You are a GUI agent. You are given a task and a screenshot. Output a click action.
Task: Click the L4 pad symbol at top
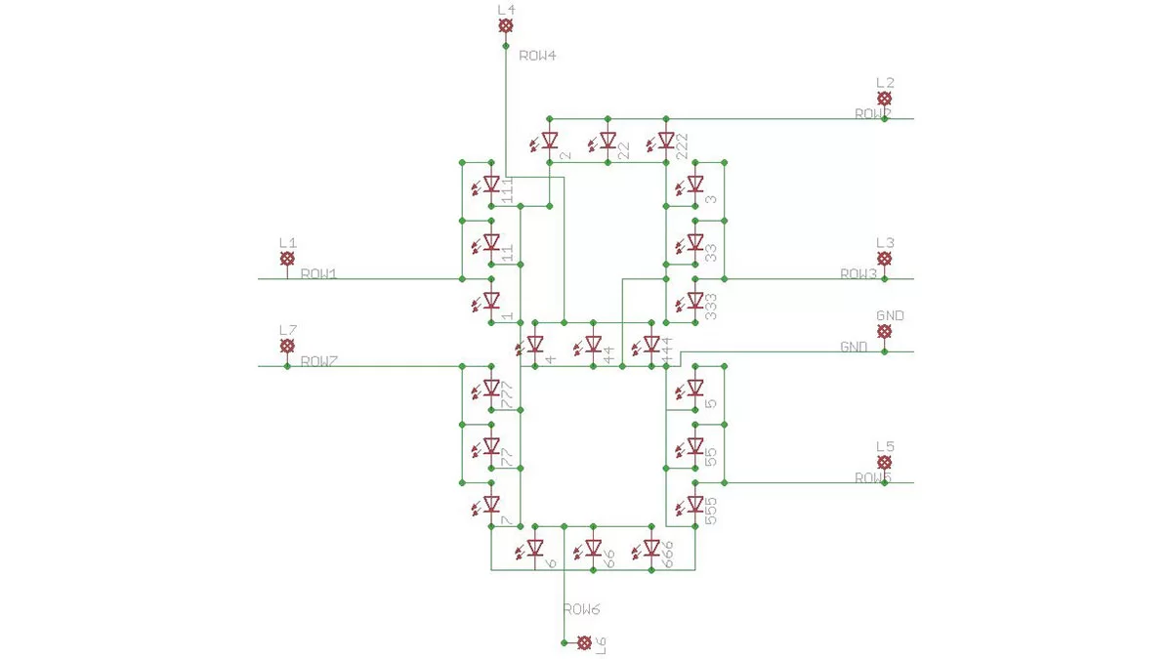coord(505,26)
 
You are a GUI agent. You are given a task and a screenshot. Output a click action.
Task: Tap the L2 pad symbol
coord(884,100)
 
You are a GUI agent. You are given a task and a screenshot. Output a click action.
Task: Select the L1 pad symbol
coord(287,259)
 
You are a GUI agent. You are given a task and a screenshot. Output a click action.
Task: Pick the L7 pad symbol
coord(287,347)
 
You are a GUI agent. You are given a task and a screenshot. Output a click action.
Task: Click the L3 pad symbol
coord(884,259)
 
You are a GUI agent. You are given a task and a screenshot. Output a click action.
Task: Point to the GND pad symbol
coord(884,332)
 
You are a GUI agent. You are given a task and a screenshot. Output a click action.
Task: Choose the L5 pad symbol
coord(884,463)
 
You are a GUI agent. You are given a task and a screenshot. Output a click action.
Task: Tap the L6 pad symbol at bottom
coord(584,642)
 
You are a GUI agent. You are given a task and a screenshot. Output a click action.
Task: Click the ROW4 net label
coord(537,56)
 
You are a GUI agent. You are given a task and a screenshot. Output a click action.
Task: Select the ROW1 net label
coord(318,274)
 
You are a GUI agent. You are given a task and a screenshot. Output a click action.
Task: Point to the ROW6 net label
coord(580,609)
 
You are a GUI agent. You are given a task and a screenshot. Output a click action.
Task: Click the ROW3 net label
coord(859,274)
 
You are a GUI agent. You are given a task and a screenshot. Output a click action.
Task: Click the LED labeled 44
coord(593,345)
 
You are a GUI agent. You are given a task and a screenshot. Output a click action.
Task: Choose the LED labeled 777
coord(491,388)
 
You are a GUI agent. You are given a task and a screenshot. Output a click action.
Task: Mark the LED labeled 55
coord(695,446)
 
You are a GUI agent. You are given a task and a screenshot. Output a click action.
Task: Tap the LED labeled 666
coord(651,549)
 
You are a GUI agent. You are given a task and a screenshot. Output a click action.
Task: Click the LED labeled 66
coord(593,549)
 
